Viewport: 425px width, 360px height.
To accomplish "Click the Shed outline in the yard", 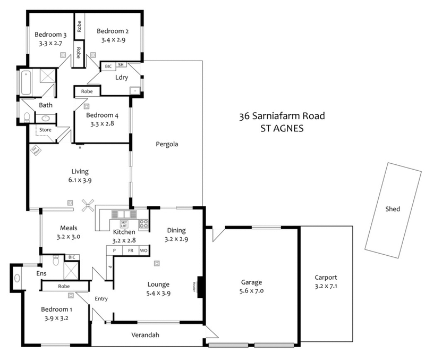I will tap(393, 209).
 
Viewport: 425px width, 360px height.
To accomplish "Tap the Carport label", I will tap(326, 278).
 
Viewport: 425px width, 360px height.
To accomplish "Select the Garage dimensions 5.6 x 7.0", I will tap(251, 291).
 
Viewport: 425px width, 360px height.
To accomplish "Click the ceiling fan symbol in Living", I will tap(88, 204).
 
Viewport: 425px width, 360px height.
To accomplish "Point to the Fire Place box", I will tap(36, 152).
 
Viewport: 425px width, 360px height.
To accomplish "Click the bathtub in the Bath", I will tap(27, 83).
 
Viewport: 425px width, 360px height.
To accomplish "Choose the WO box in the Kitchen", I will tap(143, 250).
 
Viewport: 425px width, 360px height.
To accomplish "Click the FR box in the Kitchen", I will tap(130, 250).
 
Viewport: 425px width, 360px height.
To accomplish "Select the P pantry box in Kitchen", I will tap(114, 250).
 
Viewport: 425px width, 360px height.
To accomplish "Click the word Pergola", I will tap(166, 144).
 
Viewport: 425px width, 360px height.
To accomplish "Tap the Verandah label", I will tap(146, 335).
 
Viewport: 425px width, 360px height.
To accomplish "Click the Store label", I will tap(45, 129).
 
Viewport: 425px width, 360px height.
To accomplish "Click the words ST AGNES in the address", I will tap(281, 128).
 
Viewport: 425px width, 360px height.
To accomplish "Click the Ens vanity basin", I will tap(16, 277).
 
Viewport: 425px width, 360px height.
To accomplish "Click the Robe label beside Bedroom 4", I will tap(88, 91).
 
